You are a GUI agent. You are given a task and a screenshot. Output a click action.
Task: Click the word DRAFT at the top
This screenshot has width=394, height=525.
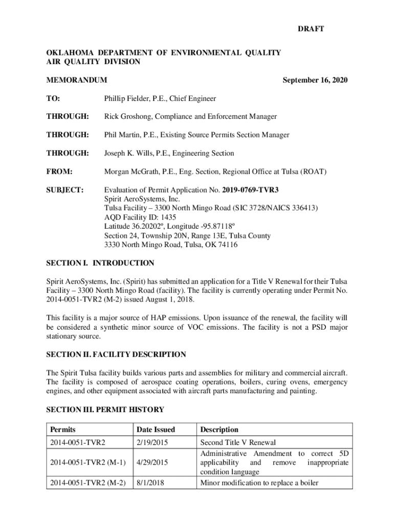(311, 29)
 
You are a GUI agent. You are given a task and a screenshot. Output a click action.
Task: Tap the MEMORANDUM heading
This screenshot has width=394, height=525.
(77, 80)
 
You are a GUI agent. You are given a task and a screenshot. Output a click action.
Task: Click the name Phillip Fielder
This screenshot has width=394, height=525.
(126, 98)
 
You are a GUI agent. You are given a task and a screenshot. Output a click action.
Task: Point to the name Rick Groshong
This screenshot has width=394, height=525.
(126, 116)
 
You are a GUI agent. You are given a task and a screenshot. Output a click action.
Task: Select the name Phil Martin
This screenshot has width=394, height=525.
(122, 135)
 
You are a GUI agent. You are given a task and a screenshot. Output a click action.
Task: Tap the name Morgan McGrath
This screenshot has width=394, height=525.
(132, 171)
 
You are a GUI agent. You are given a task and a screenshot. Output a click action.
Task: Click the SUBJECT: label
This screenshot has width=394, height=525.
(65, 190)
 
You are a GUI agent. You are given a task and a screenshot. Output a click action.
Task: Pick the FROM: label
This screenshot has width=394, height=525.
(59, 171)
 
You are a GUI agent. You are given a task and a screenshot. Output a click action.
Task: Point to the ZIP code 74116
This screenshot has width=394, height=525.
(228, 245)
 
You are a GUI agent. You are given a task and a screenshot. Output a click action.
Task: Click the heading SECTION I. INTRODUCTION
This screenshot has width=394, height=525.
(100, 263)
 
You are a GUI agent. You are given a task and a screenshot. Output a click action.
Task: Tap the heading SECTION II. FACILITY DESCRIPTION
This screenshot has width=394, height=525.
(116, 354)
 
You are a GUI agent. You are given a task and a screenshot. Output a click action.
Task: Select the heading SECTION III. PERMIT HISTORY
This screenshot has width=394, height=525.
(105, 409)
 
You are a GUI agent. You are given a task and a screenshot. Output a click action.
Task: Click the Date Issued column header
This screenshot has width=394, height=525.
(156, 430)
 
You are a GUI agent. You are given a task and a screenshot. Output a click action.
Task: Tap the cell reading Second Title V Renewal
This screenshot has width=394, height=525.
(238, 442)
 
